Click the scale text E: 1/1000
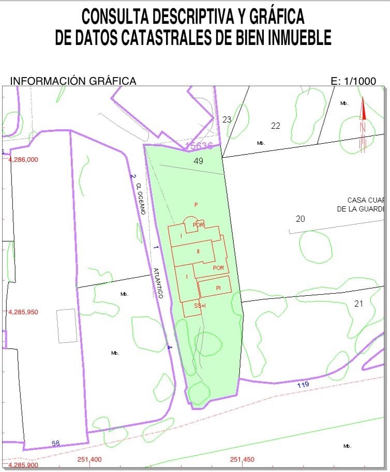(x=353, y=81)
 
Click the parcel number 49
(x=198, y=161)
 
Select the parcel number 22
(x=275, y=126)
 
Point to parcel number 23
(x=227, y=119)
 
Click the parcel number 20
(x=300, y=219)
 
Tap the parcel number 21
(x=358, y=303)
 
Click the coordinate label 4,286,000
(x=23, y=160)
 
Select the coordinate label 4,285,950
(x=23, y=312)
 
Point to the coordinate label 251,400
(x=89, y=460)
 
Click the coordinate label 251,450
(x=242, y=460)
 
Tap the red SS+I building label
(x=200, y=306)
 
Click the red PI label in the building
(x=219, y=287)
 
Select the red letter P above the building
(x=196, y=205)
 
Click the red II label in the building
(x=198, y=252)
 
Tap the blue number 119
(x=303, y=385)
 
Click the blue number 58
(x=55, y=443)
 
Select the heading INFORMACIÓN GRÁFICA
(x=73, y=81)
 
